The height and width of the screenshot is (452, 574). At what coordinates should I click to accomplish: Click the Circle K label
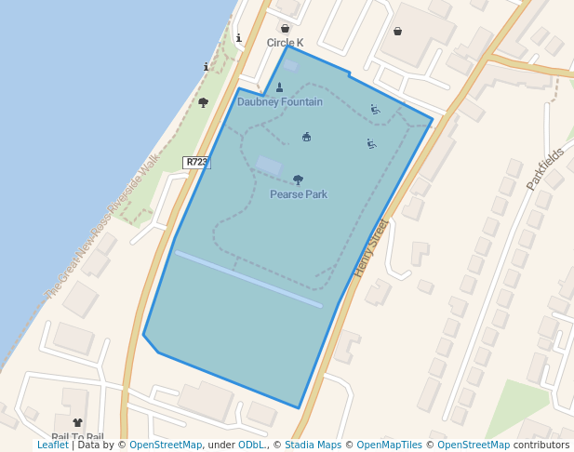pos(285,43)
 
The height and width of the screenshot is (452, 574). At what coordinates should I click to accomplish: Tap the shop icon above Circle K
pos(285,29)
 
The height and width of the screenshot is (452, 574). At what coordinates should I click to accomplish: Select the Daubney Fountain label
pos(280,101)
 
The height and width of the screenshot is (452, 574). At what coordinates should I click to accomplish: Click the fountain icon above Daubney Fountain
pos(279,87)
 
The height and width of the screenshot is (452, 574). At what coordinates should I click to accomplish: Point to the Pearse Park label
pos(299,194)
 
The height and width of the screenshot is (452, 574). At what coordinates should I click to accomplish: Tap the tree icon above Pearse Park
pos(298,179)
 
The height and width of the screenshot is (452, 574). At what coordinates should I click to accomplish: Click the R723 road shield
pos(196,162)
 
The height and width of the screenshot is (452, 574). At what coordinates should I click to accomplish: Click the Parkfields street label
pos(545,168)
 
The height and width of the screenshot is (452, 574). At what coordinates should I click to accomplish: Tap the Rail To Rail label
pos(77,437)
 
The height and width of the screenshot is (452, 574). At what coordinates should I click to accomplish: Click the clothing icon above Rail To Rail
pos(77,423)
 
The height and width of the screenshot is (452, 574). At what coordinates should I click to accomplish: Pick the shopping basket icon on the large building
pos(398,31)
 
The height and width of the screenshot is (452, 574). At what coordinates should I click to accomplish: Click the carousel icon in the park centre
pos(306,137)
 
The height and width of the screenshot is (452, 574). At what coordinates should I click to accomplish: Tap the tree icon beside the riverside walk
pos(203,102)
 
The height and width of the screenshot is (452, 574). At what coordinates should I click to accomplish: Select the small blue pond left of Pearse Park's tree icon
pos(269,166)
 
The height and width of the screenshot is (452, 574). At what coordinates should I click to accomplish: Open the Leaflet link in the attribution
pos(52,445)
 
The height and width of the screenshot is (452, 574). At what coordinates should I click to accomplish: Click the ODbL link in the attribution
pos(251,445)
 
